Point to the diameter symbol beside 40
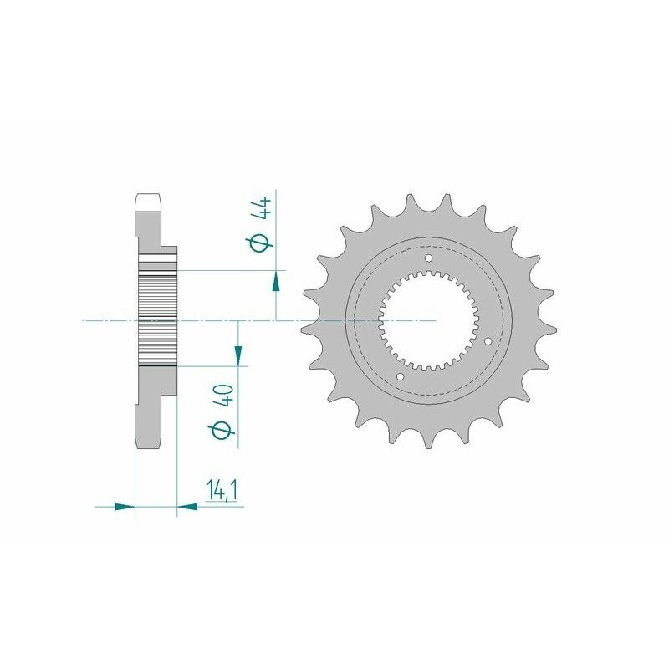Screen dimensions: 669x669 224,430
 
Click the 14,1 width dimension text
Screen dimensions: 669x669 221,491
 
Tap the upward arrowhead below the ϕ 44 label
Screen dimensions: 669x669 276,281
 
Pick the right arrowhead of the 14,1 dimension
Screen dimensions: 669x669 187,506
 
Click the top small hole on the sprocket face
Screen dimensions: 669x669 429,258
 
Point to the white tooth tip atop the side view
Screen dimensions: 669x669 148,203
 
